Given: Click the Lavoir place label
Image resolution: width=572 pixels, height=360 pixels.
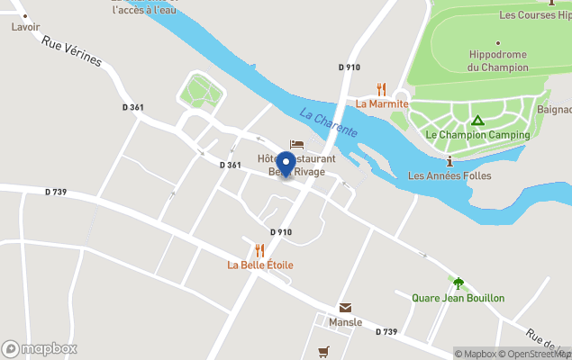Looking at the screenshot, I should pos(25,27).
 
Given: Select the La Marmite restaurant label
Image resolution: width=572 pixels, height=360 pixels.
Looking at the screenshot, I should pos(382,103).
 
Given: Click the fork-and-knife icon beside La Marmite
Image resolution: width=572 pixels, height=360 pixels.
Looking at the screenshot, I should pos(381,89).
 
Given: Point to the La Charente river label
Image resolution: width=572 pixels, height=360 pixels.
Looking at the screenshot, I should pos(329,122).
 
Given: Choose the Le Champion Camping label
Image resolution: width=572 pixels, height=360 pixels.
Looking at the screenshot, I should pos(477,135).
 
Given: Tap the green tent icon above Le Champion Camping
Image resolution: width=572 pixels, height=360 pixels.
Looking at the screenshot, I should pos(478,120).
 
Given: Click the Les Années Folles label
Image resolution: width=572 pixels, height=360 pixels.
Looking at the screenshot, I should pos(449,175).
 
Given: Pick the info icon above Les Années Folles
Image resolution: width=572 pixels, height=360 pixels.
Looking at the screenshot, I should pos(449,160).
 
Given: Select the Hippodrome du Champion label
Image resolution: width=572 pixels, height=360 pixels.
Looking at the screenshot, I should pos(498,60).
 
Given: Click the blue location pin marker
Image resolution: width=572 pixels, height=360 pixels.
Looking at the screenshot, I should pos(286,165).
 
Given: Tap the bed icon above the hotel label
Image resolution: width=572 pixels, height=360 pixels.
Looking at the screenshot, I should pos(296,144).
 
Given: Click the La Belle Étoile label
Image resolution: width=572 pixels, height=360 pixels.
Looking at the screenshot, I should pos(259,265).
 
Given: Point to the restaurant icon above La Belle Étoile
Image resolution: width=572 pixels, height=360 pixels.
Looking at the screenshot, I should pos(259,250).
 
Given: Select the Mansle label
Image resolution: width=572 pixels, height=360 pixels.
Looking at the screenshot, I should pos(345,322).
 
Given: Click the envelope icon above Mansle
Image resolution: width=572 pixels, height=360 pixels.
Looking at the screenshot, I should pos(345,308).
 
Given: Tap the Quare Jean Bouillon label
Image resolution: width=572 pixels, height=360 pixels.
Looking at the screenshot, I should pos(458,298).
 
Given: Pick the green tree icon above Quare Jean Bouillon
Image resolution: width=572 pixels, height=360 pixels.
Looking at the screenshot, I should pos(459,283).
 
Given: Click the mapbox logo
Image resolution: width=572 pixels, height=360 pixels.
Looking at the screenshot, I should pos(40,348).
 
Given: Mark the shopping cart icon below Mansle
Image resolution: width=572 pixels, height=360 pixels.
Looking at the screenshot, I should pos(323,351).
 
